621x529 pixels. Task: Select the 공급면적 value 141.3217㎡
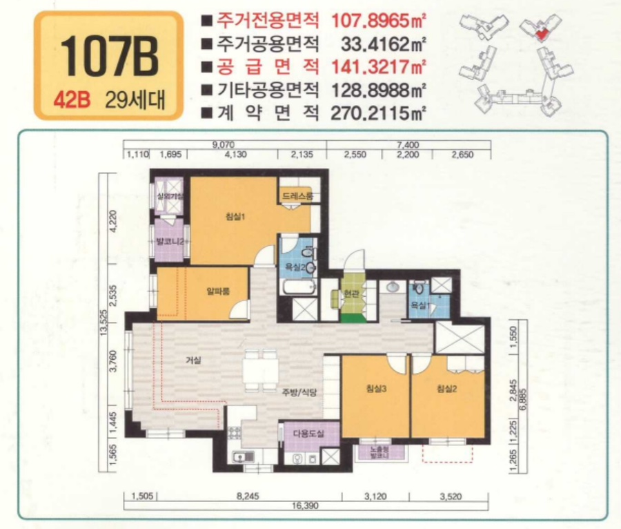(378, 67)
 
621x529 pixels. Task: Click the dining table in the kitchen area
(259, 367)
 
